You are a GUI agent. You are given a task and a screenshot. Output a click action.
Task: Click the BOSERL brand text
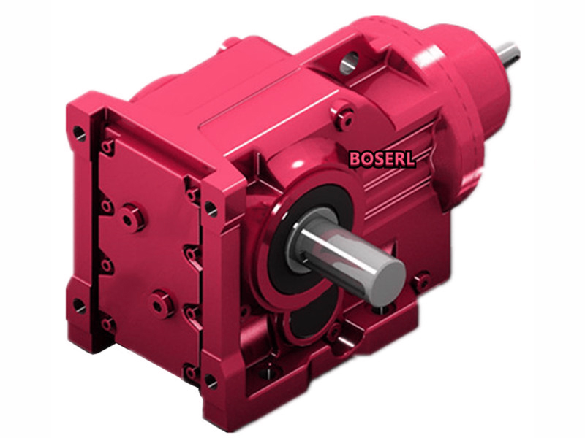coord(382,158)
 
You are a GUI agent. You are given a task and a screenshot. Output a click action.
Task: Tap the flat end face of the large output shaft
coord(385,280)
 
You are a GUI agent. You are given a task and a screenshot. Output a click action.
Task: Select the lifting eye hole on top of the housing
coord(350,63)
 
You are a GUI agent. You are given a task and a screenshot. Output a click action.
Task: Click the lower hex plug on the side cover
coord(161,303)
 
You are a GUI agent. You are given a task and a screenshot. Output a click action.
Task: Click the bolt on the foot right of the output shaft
coord(421,282)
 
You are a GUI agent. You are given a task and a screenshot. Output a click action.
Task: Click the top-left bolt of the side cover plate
coord(108,148)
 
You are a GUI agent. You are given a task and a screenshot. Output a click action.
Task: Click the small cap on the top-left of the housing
coord(230,42)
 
